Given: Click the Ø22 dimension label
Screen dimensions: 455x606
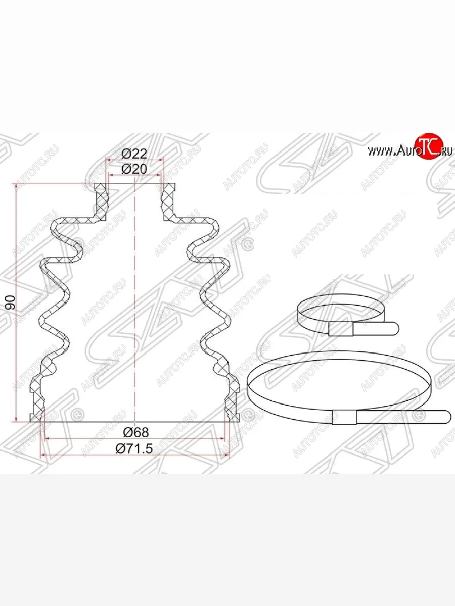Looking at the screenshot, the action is [134, 154].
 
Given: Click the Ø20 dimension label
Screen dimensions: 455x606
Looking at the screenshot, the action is [134, 169].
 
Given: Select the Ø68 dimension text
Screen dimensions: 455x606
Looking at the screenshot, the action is [136, 432].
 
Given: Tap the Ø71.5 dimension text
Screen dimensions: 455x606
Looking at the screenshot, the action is [134, 448].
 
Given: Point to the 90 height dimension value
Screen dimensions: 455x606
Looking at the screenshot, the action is [11, 302].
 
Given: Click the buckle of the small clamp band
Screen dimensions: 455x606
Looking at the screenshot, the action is [341, 329].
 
